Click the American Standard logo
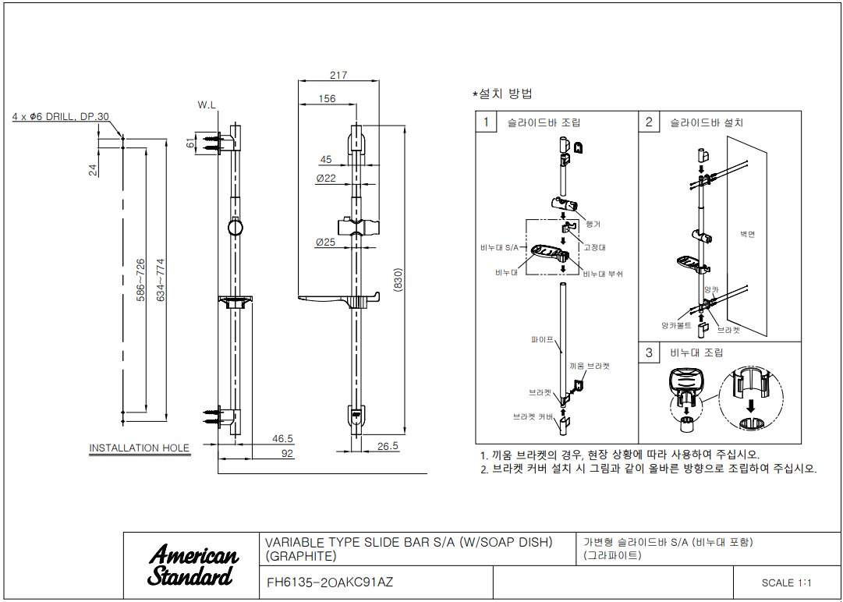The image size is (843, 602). (x=193, y=565)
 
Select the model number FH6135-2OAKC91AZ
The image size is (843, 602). (x=330, y=582)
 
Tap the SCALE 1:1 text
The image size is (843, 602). (x=787, y=583)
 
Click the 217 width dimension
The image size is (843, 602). (x=338, y=76)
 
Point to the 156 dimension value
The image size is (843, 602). (x=328, y=99)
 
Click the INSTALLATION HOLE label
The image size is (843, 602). (x=139, y=448)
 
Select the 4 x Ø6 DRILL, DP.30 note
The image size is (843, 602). (x=60, y=116)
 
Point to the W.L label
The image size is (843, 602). (x=207, y=104)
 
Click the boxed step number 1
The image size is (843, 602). (x=486, y=122)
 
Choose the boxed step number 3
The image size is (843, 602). (x=649, y=352)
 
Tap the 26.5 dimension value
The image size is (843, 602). (x=388, y=447)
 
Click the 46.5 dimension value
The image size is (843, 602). (x=283, y=439)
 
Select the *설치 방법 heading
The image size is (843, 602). (x=503, y=94)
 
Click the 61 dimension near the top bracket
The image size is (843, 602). (x=189, y=143)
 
